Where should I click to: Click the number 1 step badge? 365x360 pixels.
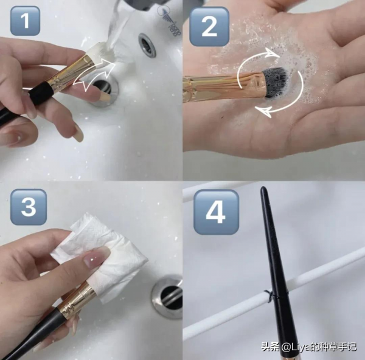[x=25, y=21]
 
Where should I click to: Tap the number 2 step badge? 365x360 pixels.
[x=209, y=26]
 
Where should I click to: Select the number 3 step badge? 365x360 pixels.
[x=29, y=207]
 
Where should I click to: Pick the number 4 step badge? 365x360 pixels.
[x=216, y=212]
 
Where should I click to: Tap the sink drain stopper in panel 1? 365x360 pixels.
[x=102, y=92]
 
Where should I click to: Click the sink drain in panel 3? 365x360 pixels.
[x=168, y=296]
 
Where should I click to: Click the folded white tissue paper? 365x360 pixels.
[x=100, y=251]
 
